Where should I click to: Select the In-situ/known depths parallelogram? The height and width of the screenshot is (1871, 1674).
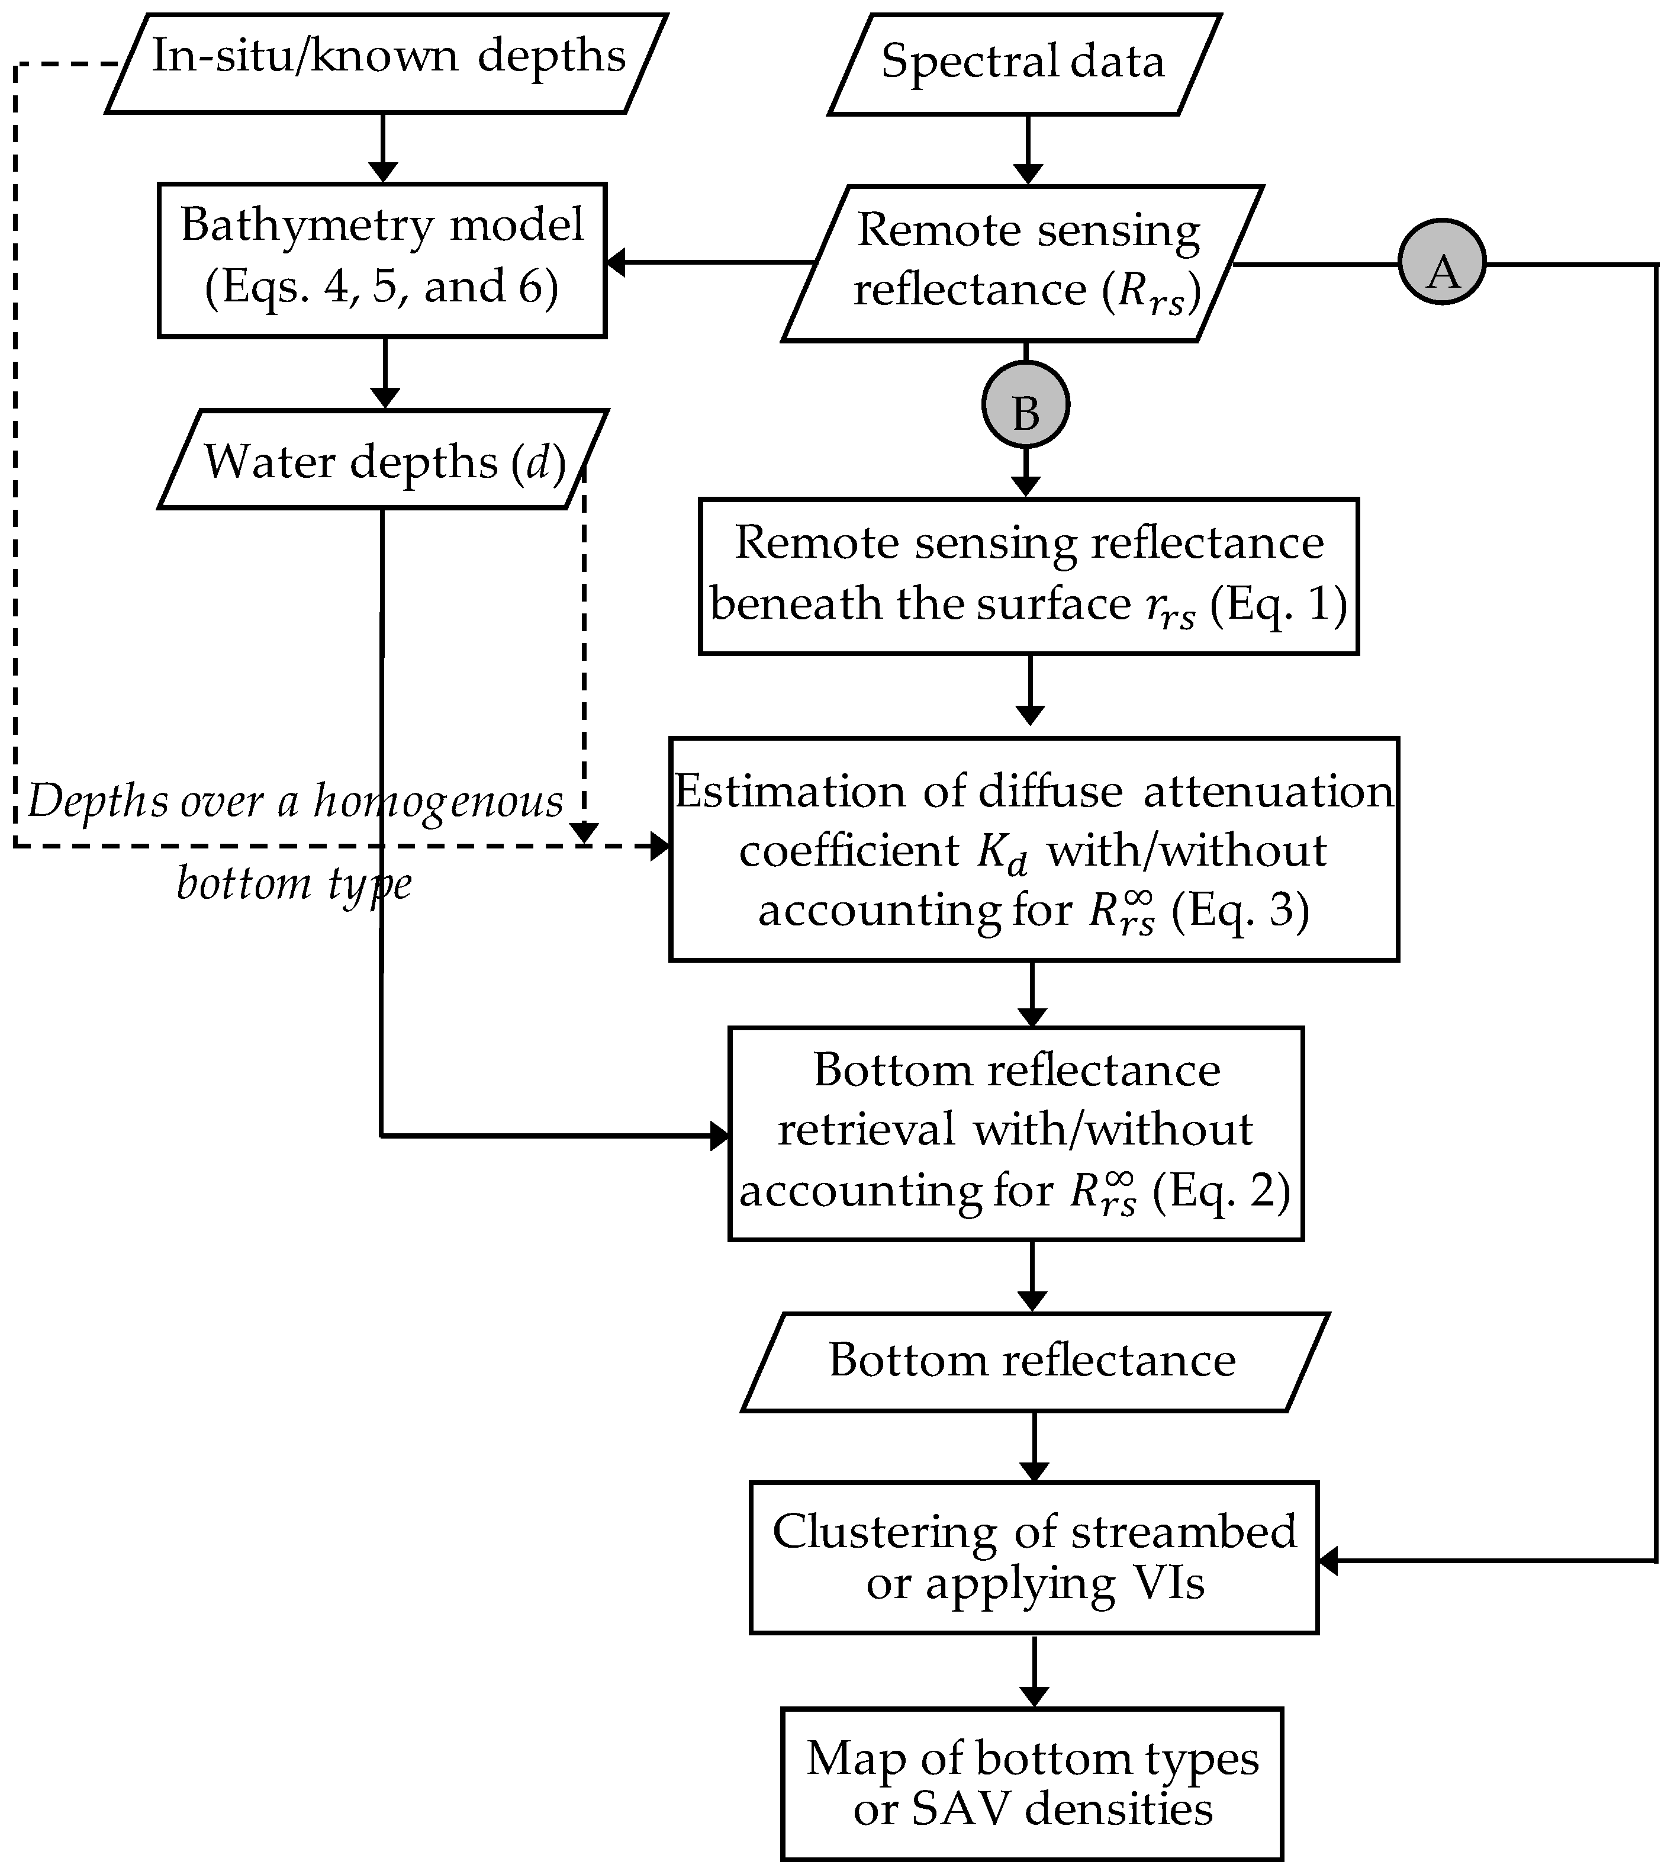pyautogui.click(x=387, y=63)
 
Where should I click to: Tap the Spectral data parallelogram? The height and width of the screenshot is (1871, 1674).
pyautogui.click(x=1023, y=63)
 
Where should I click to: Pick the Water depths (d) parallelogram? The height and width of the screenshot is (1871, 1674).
pyautogui.click(x=382, y=459)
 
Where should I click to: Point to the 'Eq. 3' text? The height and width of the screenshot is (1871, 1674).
pyautogui.click(x=1240, y=909)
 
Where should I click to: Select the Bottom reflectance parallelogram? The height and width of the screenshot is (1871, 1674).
pyautogui.click(x=1034, y=1359)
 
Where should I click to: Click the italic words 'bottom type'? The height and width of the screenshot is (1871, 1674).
pyautogui.click(x=294, y=883)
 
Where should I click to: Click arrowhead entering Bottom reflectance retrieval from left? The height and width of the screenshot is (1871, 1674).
pyautogui.click(x=720, y=1136)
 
